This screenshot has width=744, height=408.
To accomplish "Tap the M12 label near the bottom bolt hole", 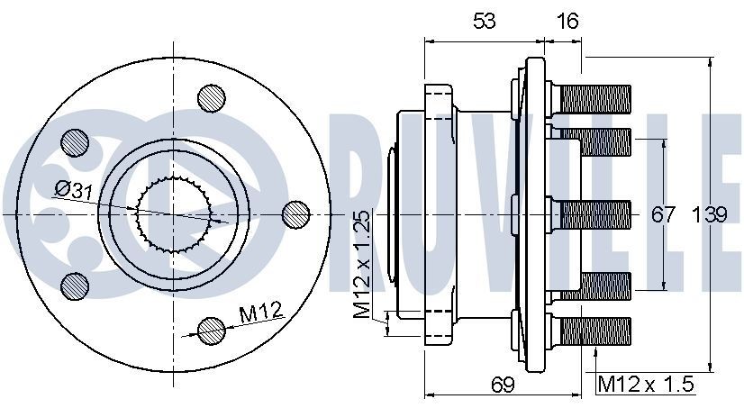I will coord(261,313).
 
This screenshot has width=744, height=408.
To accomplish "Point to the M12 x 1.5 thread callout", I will coord(647,385).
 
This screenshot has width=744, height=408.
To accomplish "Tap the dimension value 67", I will coord(664,214).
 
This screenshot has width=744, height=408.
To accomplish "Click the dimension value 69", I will coord(502,385).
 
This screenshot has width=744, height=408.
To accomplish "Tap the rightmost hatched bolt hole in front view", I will coord(295,213).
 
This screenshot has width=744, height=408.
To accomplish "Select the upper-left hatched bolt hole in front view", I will coord(75,141).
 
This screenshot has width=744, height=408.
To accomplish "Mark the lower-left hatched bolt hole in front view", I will coord(75,286).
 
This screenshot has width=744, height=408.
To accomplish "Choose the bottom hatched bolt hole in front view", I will coord(212,330).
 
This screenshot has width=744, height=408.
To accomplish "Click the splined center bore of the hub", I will coord(173,213).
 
